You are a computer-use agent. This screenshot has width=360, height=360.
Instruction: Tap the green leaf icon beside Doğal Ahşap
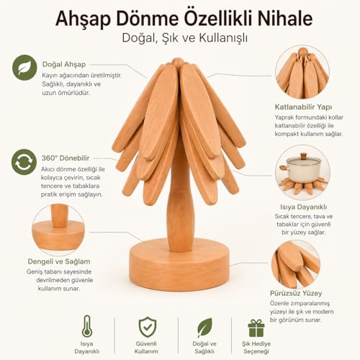pyautogui.click(x=24, y=68)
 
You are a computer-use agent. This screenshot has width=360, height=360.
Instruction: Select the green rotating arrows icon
pyautogui.click(x=24, y=162)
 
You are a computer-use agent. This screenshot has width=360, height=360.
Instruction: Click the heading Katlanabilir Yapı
pyautogui.click(x=303, y=107)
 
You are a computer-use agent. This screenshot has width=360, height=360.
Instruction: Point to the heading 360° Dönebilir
pyautogui.click(x=66, y=158)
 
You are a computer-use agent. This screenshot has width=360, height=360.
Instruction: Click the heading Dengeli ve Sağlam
pyautogui.click(x=59, y=261)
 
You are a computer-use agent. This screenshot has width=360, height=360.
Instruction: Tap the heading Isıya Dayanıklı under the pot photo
pyautogui.click(x=304, y=207)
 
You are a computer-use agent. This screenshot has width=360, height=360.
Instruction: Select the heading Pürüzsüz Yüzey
pyautogui.click(x=296, y=293)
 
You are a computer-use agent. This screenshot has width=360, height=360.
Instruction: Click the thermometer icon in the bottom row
pyautogui.click(x=87, y=326)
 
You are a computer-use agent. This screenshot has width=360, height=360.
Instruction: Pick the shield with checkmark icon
pyautogui.click(x=148, y=327)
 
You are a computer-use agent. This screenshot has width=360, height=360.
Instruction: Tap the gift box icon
pyautogui.click(x=256, y=328)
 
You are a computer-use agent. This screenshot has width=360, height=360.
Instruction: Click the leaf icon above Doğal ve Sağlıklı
pyautogui.click(x=204, y=327)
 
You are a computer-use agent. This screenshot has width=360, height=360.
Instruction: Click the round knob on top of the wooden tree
pyautogui.click(x=178, y=62)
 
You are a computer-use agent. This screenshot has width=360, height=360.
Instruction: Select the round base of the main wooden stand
pyautogui.click(x=179, y=264)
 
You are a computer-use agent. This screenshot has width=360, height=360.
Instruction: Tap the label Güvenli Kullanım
pyautogui.click(x=146, y=347)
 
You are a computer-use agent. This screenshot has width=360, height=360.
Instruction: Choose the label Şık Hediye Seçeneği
pyautogui.click(x=256, y=347)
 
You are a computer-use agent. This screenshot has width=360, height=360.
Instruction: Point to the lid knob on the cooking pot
pyautogui.click(x=304, y=156)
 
